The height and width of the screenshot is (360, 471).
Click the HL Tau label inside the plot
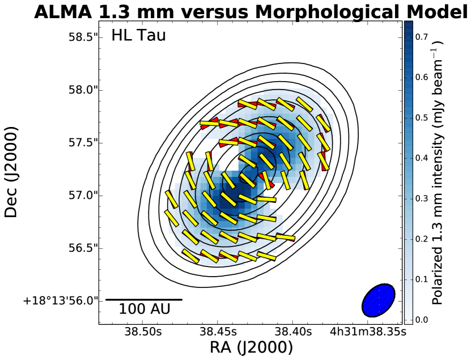[138, 36]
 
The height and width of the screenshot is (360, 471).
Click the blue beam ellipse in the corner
[378, 299]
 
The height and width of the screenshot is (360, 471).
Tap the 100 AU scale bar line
[144, 299]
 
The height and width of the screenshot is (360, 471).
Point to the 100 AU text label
[144, 310]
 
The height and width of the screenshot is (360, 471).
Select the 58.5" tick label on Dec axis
[79, 37]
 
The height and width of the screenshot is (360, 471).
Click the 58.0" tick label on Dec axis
[79, 90]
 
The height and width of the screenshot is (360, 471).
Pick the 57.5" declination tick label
[79, 142]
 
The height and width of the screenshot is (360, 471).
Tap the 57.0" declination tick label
[79, 195]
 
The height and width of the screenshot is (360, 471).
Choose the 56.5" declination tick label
[79, 248]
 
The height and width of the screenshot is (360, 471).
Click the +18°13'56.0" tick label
[60, 300]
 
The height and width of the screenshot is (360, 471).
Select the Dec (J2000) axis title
[12, 172]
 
